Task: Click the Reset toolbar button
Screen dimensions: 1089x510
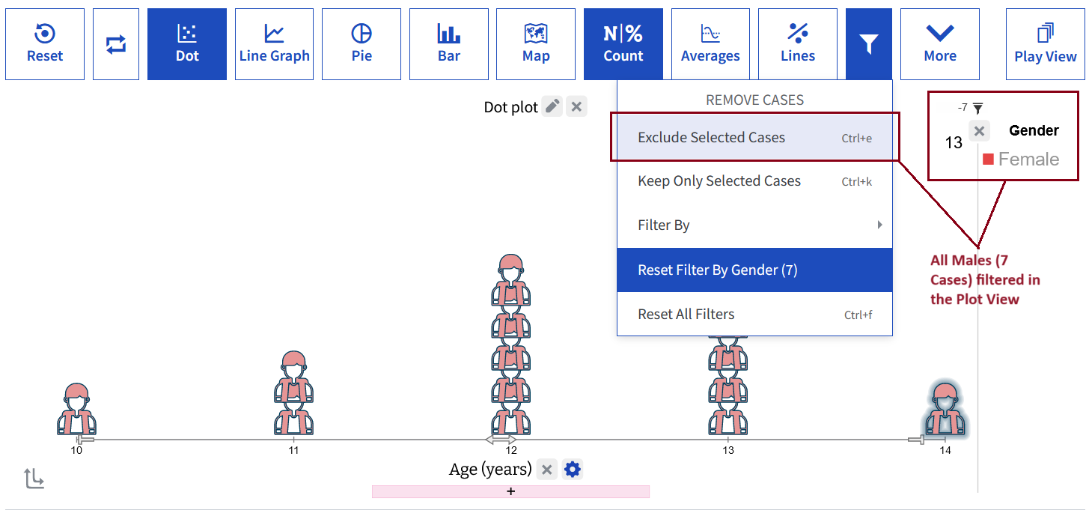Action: point(45,43)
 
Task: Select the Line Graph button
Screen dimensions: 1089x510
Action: point(274,43)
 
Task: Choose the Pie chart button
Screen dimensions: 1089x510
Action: point(362,43)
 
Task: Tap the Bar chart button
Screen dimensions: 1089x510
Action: point(449,43)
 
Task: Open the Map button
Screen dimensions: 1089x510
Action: point(536,43)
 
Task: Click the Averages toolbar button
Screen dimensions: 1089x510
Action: point(710,43)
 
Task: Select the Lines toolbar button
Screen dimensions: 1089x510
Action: point(798,43)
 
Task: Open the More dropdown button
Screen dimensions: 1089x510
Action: point(940,43)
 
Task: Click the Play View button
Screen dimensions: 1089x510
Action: point(1046,43)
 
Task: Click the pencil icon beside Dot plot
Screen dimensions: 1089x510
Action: point(552,106)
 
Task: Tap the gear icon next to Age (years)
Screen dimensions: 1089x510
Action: point(573,469)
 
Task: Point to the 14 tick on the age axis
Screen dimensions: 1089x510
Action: point(945,450)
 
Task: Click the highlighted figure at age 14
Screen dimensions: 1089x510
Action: point(945,408)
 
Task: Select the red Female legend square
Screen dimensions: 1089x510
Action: point(988,159)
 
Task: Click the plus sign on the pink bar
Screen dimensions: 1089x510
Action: point(510,491)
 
